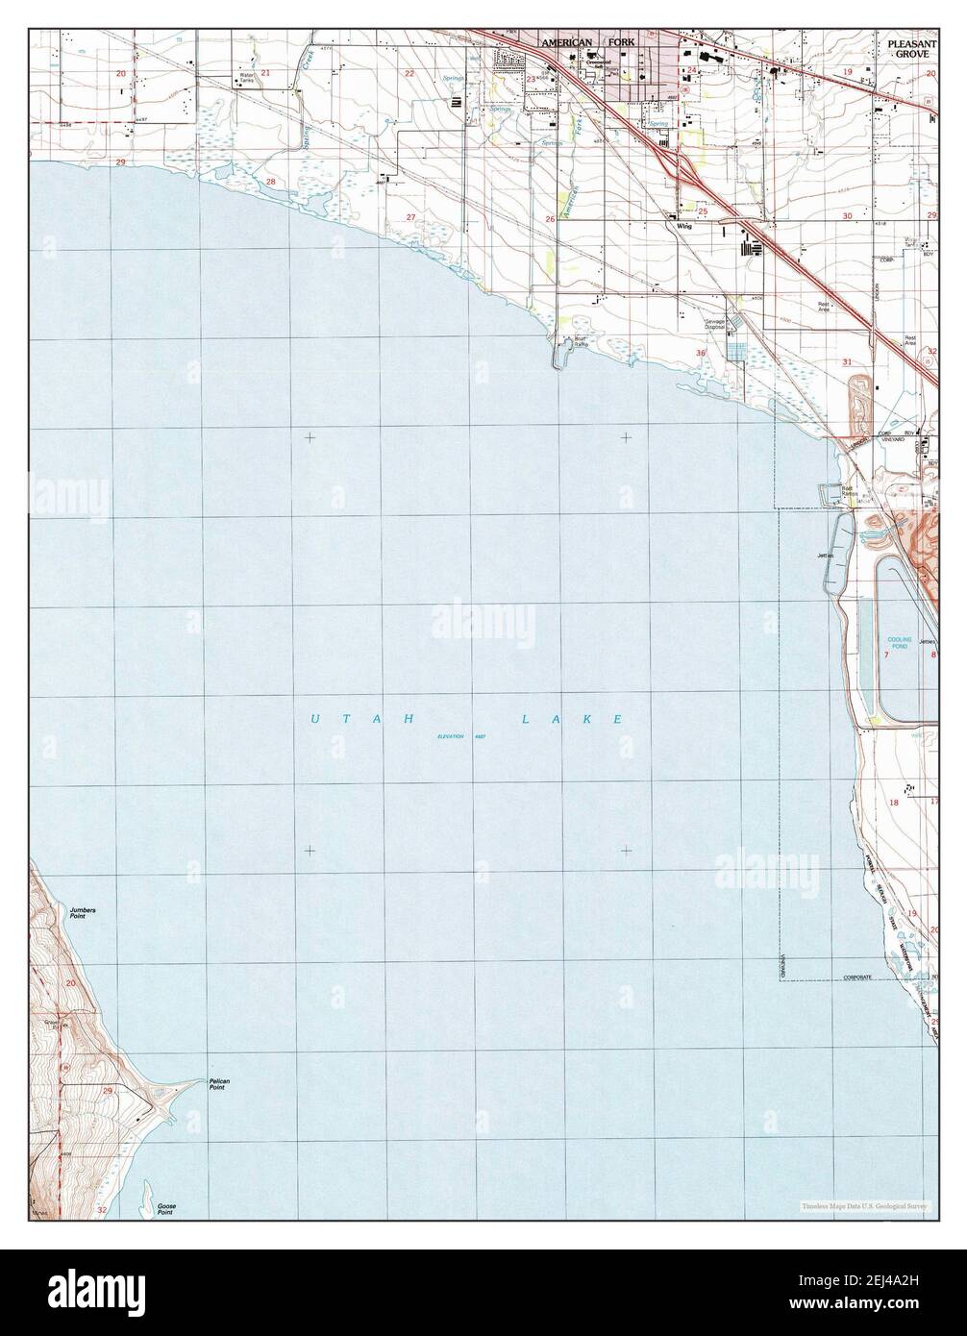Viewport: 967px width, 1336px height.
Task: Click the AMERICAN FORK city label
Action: coord(588,43)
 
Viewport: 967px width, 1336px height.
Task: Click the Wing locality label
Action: coord(684,227)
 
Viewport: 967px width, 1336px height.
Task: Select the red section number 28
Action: coord(271,182)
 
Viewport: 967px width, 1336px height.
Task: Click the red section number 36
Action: coord(701,354)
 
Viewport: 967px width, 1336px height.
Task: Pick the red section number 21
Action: coord(265,73)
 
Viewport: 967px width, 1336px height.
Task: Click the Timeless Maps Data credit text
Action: coord(862,1204)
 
